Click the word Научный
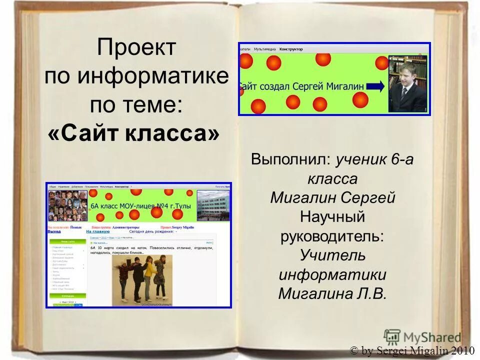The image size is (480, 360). pos(332,217)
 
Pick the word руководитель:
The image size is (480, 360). pos(333,236)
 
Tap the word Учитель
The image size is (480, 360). pos(333,255)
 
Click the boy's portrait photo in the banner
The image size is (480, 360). pos(408,83)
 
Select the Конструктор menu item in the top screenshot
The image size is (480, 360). pos(291,49)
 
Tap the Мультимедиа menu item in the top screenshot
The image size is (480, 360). pos(265,49)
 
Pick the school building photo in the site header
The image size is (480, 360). pos(213,205)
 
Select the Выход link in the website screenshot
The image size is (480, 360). pos(54,232)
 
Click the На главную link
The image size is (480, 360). pos(98,232)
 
